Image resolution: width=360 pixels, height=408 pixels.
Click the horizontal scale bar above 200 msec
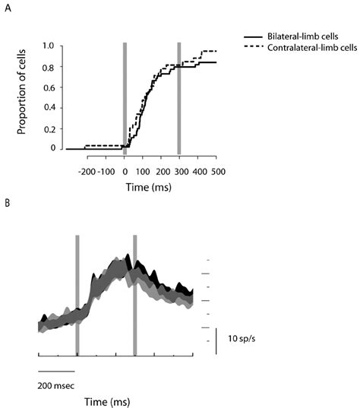[x=55, y=371]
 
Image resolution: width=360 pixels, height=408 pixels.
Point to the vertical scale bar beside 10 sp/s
[x=217, y=340]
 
